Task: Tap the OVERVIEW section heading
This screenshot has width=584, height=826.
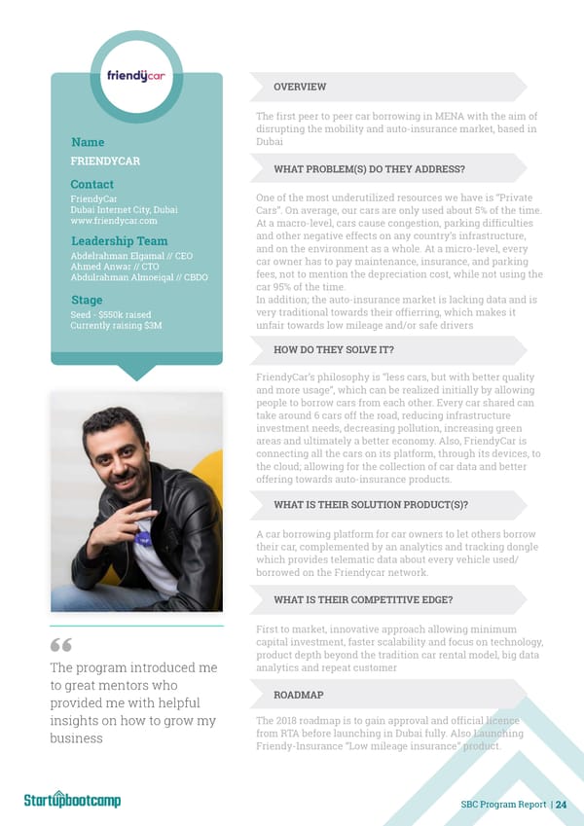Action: (300, 86)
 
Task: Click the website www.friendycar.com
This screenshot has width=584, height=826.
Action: (114, 221)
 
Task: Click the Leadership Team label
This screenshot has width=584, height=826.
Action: (119, 241)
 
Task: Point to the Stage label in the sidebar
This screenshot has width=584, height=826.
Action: (87, 299)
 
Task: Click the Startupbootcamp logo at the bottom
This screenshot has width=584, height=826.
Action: (72, 800)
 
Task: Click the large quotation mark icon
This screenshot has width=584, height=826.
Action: (60, 647)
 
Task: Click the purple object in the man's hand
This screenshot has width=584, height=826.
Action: (144, 537)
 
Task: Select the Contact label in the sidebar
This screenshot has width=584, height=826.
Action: (91, 184)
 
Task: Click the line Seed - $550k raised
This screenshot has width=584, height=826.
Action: (110, 314)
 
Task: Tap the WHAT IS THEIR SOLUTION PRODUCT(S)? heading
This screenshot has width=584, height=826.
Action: (371, 504)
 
